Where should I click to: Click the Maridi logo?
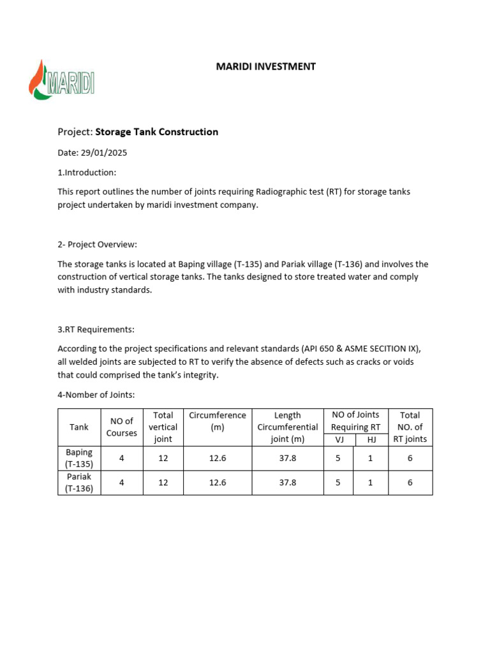[x=62, y=80]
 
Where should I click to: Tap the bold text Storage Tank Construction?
[x=156, y=132]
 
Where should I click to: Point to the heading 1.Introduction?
[x=87, y=173]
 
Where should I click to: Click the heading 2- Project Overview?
[x=97, y=244]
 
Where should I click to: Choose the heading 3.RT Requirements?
[x=96, y=330]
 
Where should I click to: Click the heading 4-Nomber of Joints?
[x=96, y=395]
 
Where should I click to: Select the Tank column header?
[x=79, y=427]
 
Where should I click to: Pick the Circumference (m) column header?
[x=218, y=422]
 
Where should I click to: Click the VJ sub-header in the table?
[x=339, y=439]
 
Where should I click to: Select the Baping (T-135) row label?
[x=79, y=458]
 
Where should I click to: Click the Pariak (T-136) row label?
[x=79, y=483]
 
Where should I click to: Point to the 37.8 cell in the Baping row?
[x=288, y=458]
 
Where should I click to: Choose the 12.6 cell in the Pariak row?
[x=218, y=483]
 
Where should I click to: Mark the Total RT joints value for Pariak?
[x=410, y=483]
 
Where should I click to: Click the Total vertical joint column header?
[x=163, y=427]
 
